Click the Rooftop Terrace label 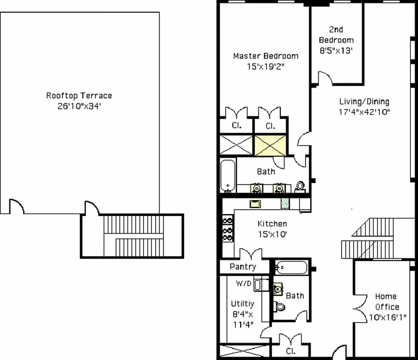point(79,95)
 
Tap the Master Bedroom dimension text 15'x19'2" point(265,66)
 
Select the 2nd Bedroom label point(336,35)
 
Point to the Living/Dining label point(364,101)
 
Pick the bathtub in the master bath point(228,175)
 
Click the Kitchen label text point(272,224)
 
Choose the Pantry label point(243,266)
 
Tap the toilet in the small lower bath point(280,307)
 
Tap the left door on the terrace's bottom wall point(17,207)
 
